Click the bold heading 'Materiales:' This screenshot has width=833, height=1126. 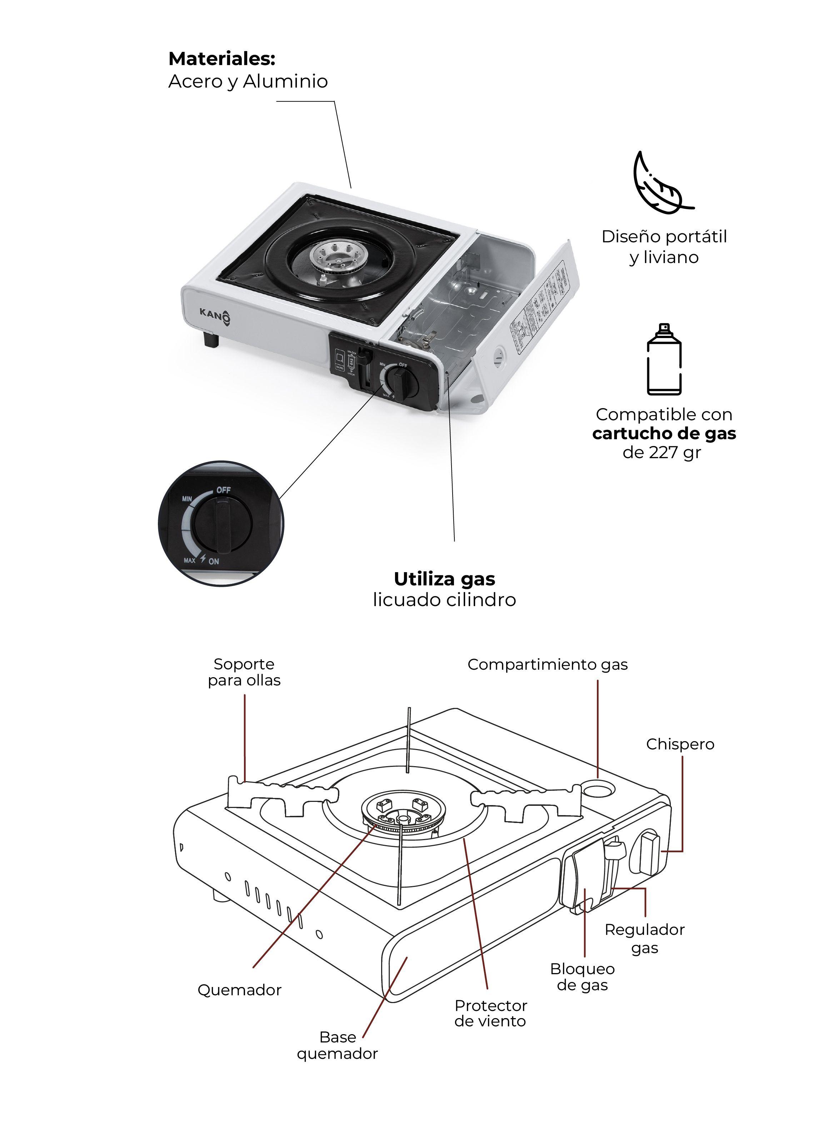coord(221,59)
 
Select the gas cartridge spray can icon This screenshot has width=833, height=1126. coord(664,360)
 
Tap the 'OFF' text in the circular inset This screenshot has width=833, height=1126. coord(223,490)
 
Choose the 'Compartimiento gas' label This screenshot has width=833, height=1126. coord(547,664)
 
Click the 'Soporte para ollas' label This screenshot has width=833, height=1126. coord(244,672)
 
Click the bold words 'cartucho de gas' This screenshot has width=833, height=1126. coord(664,433)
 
